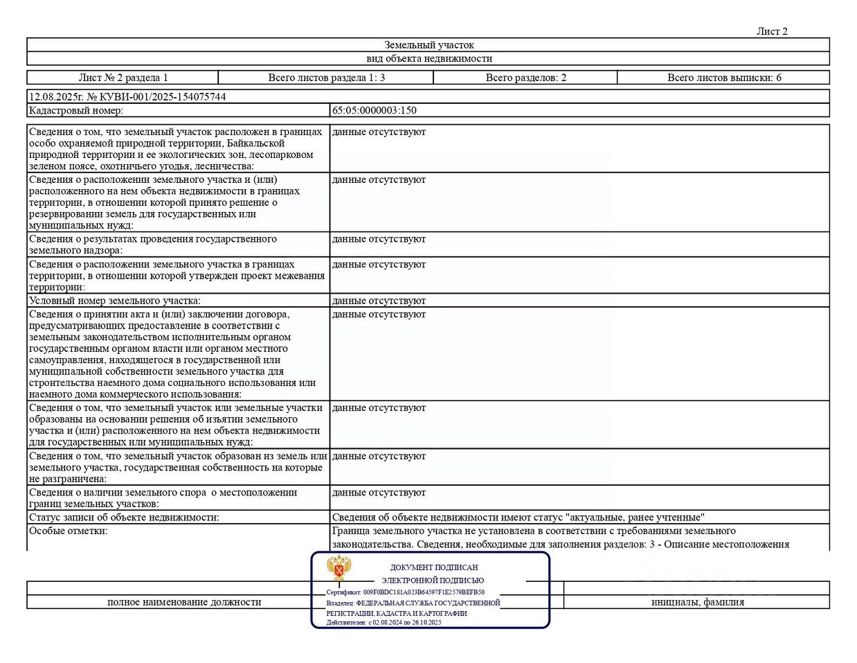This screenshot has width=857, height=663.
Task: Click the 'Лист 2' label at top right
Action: [x=771, y=31]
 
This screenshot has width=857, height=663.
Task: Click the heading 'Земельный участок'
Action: [x=429, y=45]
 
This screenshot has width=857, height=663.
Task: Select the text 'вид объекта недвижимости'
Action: [x=429, y=59]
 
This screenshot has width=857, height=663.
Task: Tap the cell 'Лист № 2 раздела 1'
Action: [x=123, y=78]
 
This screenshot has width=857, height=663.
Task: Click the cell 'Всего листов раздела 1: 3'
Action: [x=326, y=78]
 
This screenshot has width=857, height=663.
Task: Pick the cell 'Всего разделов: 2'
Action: [x=525, y=78]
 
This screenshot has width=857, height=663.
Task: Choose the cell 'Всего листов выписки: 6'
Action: [x=723, y=78]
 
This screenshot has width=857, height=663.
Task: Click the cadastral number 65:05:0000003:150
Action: [x=374, y=110]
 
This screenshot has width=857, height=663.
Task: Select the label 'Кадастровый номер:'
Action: [x=76, y=110]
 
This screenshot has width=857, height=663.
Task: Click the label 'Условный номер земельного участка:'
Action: [x=115, y=301]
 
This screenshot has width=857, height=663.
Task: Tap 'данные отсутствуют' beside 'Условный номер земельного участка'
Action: [x=379, y=301]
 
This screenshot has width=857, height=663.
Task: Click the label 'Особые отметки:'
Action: [x=69, y=531]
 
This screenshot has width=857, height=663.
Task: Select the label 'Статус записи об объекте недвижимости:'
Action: [x=124, y=518]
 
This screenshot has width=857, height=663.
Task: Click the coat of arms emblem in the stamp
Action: [x=339, y=569]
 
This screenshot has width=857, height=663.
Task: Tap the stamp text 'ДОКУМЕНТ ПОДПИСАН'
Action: [x=434, y=567]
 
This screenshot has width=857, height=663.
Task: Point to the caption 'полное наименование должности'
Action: [x=184, y=602]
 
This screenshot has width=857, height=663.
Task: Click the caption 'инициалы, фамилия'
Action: [x=697, y=602]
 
